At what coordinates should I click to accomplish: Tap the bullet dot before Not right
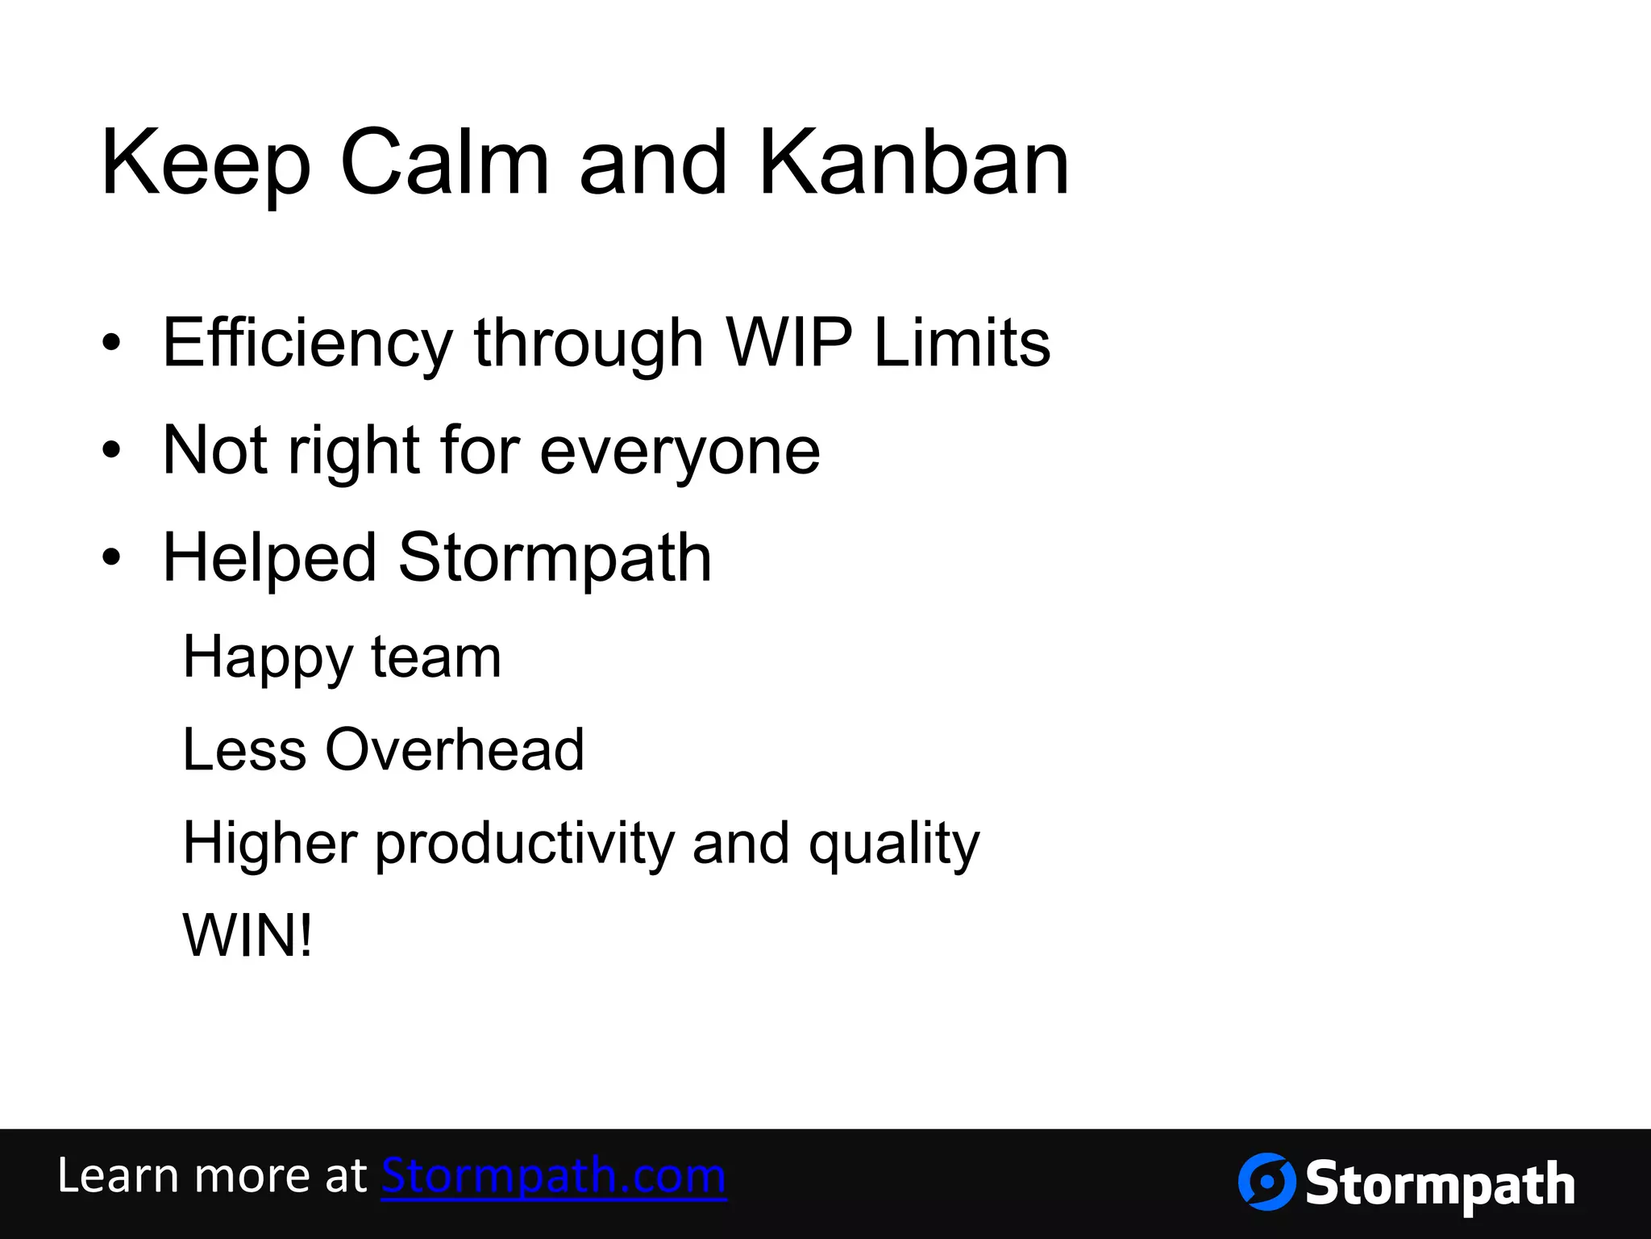[111, 449]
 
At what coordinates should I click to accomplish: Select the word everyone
[679, 452]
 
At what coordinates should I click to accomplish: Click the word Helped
[269, 558]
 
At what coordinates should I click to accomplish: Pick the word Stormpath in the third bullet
[555, 558]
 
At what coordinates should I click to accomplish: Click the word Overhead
[454, 749]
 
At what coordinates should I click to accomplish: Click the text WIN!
[247, 936]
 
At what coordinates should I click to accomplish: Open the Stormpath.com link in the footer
[554, 1176]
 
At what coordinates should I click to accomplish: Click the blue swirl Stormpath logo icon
[1266, 1182]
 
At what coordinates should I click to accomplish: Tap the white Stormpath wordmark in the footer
[1439, 1184]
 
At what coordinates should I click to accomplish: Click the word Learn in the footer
[117, 1176]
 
